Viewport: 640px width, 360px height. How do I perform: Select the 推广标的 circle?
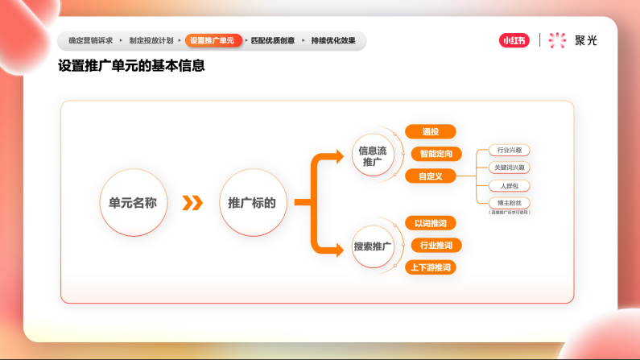tap(252, 203)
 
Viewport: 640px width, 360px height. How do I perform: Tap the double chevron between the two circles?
tap(192, 203)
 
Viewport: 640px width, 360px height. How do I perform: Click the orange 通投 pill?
tap(431, 131)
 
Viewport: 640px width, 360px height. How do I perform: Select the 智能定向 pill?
tap(436, 153)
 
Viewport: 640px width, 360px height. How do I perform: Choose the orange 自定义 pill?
tap(431, 176)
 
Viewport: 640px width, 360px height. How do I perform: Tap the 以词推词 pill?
tap(431, 223)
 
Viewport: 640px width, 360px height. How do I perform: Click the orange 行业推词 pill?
tap(436, 245)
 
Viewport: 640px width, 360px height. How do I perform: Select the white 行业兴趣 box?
tap(510, 151)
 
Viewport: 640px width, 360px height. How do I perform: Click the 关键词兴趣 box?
tap(510, 168)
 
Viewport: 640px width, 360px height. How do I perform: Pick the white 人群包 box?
tap(510, 185)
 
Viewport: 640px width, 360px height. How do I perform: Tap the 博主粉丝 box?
tap(510, 203)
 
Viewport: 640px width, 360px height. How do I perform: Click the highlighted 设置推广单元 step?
tap(214, 40)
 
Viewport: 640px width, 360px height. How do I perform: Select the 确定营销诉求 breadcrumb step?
tap(90, 40)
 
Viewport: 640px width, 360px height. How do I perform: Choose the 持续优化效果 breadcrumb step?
tap(333, 40)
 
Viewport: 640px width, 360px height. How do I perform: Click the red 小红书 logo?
tap(514, 40)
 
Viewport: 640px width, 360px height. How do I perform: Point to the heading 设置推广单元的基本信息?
tap(131, 66)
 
